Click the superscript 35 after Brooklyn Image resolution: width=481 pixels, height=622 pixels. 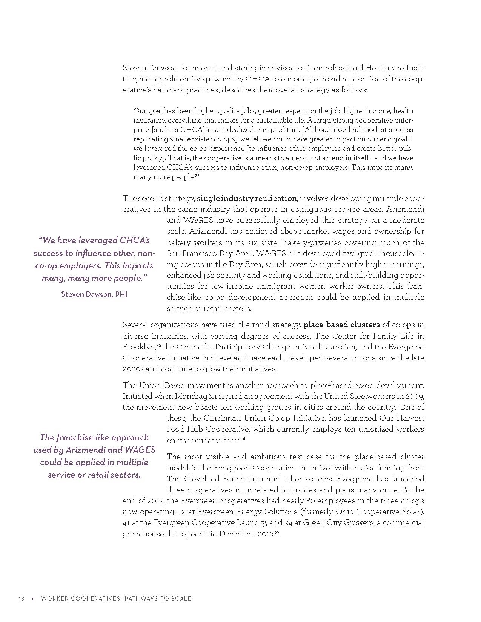click(x=158, y=345)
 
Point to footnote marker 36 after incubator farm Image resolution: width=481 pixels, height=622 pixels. click(x=244, y=439)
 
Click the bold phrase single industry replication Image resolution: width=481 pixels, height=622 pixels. click(x=247, y=198)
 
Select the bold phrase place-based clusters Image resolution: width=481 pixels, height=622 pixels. click(x=341, y=325)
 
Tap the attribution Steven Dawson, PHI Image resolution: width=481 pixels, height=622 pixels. click(x=94, y=294)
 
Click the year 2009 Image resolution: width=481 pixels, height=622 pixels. click(x=415, y=396)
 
